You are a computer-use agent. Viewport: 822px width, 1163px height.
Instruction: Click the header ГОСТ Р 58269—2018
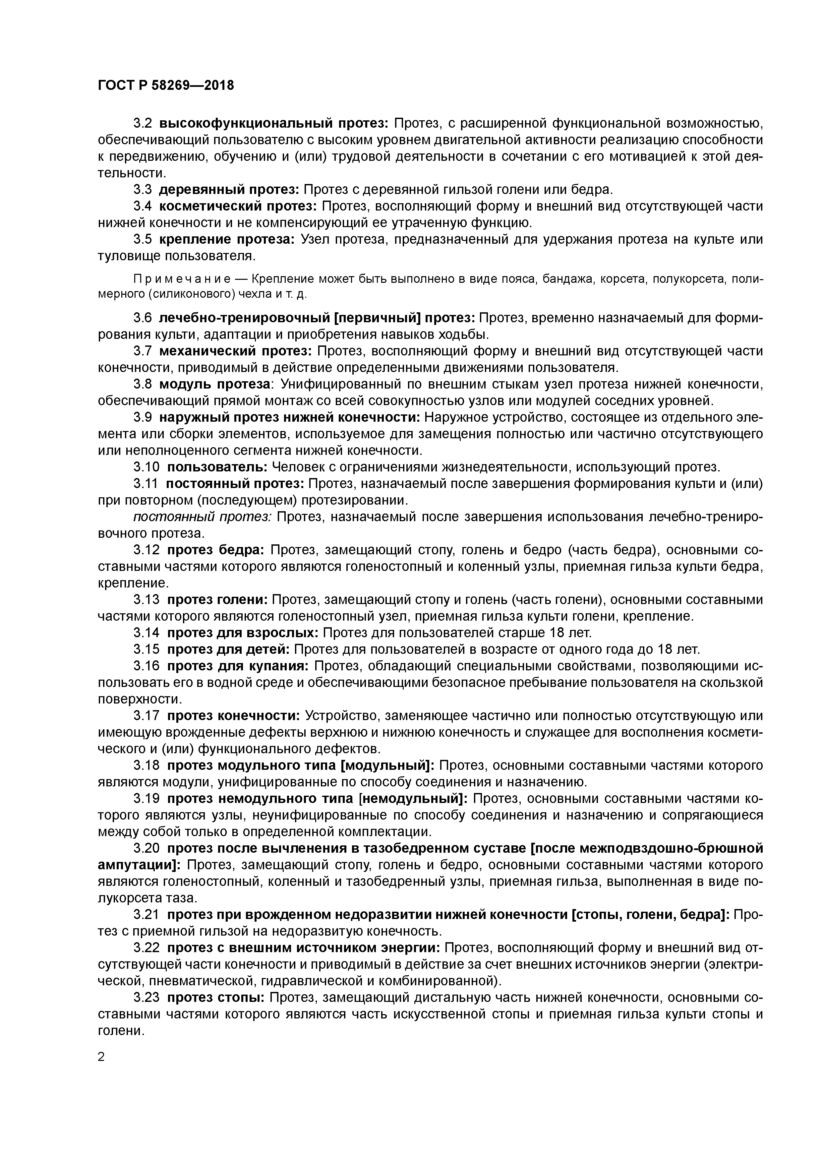click(x=166, y=85)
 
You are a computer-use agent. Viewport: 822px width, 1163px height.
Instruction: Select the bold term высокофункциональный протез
click(x=273, y=123)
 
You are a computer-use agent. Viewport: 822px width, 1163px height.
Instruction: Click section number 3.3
click(x=142, y=189)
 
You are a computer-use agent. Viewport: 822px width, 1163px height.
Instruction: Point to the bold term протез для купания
click(x=238, y=666)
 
